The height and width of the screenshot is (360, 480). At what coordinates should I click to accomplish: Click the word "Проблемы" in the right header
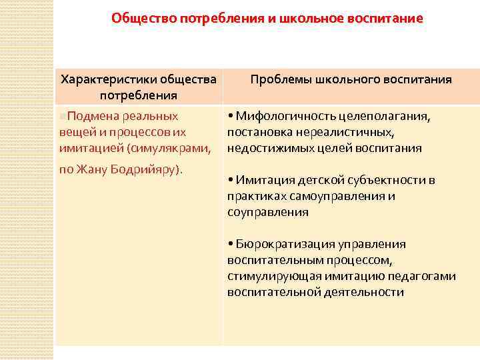pos(278,79)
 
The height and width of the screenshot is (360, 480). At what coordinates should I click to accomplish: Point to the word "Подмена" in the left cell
pos(89,116)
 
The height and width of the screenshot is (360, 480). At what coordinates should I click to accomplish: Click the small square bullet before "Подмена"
pos(62,117)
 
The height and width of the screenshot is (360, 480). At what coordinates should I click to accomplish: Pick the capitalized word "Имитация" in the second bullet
pos(261,180)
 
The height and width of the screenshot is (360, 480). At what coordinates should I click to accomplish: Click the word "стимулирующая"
pos(269,276)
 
